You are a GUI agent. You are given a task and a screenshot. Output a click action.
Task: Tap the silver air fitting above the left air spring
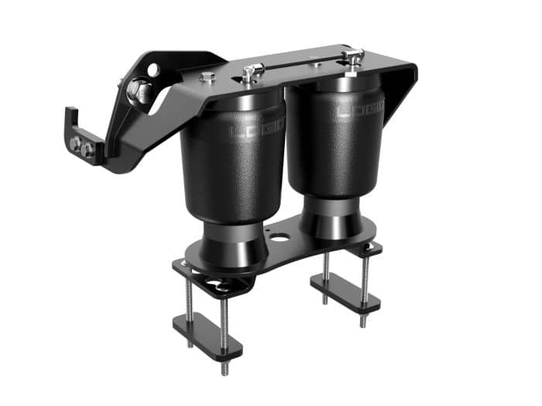[249, 73]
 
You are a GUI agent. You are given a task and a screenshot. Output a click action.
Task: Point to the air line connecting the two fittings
[302, 64]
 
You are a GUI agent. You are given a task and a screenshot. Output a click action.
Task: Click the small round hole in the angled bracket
[153, 70]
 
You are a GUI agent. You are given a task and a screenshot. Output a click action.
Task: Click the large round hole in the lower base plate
[277, 235]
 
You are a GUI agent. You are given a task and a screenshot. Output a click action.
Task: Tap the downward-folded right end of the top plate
[403, 89]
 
